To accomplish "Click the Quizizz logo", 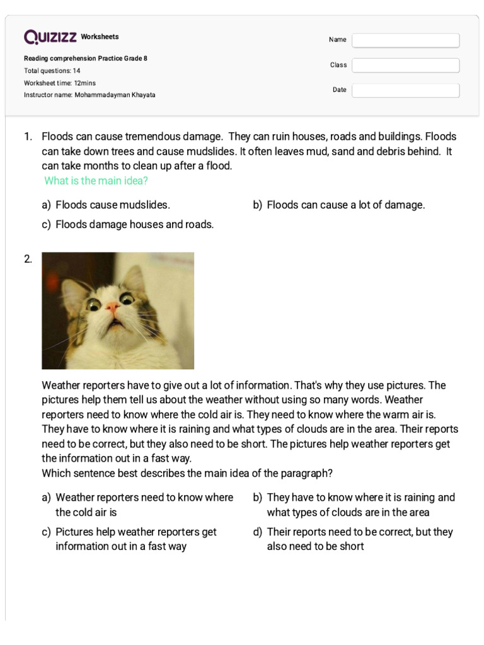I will point(50,37).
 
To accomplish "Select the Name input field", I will point(405,40).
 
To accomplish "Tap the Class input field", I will point(405,66).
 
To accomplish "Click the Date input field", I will point(405,90).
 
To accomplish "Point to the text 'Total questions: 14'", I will point(52,71).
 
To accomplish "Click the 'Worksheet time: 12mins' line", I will point(60,83).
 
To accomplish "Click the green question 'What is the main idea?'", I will point(96,181).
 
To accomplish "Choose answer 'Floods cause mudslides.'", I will point(112,205).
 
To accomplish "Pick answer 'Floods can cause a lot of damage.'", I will point(345,205).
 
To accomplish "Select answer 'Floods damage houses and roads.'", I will point(134,224).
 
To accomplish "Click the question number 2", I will point(28,259).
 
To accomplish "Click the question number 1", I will point(28,137).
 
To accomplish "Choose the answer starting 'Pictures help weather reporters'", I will point(135,539).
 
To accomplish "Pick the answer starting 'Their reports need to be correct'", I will point(359,539).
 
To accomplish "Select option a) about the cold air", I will point(144,505).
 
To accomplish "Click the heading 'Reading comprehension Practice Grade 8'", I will point(86,59).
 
